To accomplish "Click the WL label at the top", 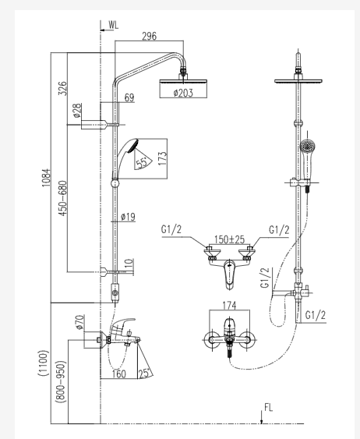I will pyautogui.click(x=115, y=27).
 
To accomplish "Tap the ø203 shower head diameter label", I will pyautogui.click(x=182, y=94).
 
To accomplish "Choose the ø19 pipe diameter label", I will pyautogui.click(x=129, y=218).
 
